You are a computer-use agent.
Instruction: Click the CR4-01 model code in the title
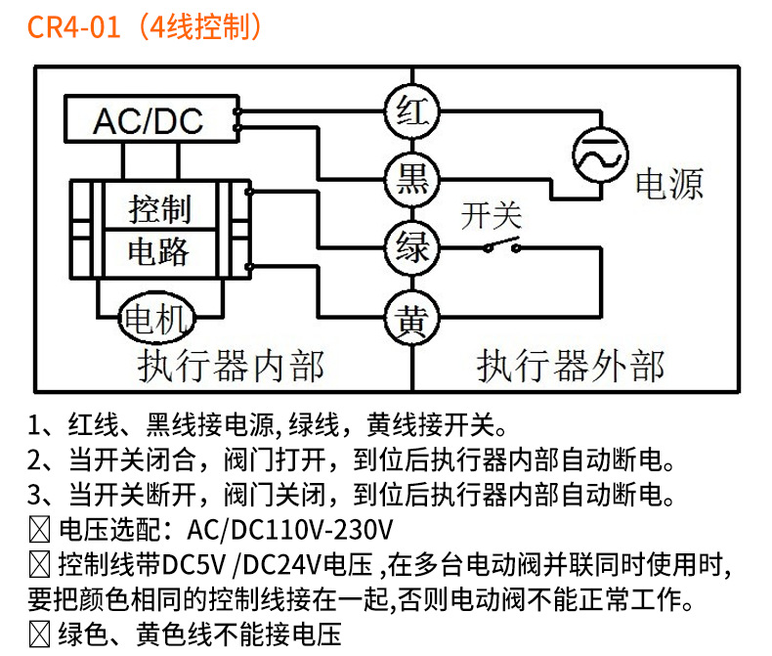(x=73, y=26)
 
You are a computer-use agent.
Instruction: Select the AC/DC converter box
(x=148, y=119)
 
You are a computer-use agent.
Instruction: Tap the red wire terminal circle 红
(x=411, y=109)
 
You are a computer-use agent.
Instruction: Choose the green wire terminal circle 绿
(x=411, y=246)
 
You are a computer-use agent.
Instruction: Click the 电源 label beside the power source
(x=669, y=183)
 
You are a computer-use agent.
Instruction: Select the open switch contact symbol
(x=501, y=245)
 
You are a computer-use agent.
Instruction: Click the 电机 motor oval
(x=157, y=318)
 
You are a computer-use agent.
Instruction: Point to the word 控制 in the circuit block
(x=159, y=208)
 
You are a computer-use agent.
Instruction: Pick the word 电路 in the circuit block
(x=159, y=251)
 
